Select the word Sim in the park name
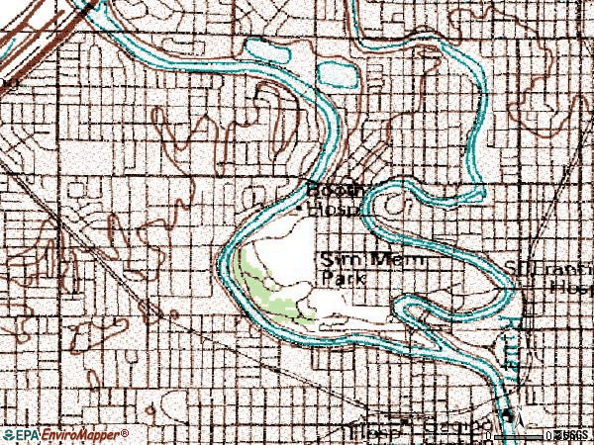(335, 260)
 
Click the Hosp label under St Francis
(569, 286)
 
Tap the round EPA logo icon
(8, 435)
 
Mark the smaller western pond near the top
(264, 46)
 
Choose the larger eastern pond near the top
(337, 71)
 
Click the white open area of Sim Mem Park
(287, 247)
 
